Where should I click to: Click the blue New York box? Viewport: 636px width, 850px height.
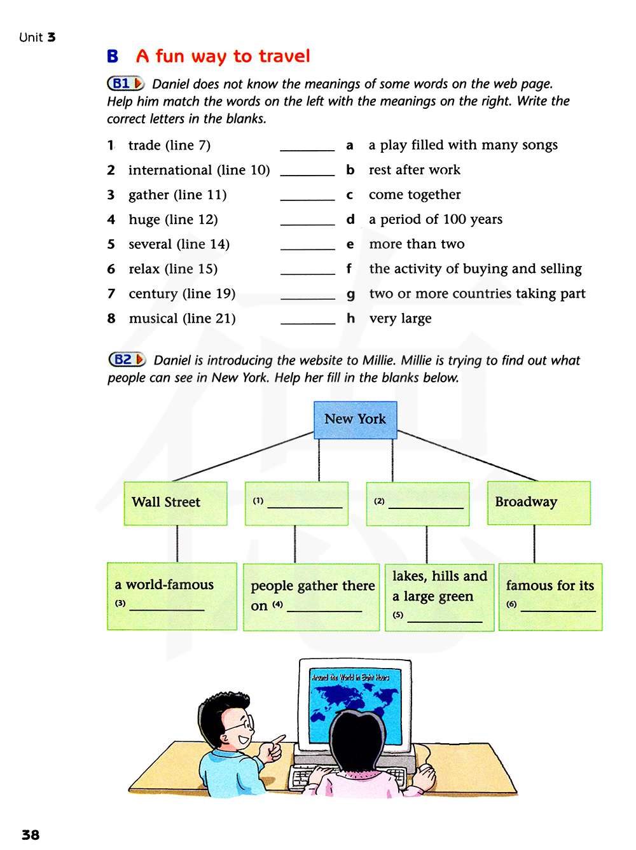(355, 419)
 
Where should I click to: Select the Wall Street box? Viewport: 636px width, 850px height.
(175, 503)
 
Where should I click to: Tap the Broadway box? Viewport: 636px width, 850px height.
(538, 503)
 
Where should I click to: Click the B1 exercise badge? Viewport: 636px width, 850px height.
(125, 83)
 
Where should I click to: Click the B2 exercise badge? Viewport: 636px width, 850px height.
(127, 359)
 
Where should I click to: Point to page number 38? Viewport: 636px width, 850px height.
(31, 835)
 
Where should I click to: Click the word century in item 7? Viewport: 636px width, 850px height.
(153, 294)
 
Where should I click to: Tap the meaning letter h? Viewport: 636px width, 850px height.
(350, 318)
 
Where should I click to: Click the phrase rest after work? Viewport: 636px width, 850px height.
(415, 170)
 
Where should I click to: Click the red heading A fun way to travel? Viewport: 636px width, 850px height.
(223, 57)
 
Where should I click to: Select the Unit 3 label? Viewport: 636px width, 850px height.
(38, 38)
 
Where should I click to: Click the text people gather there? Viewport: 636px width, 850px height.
(312, 586)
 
